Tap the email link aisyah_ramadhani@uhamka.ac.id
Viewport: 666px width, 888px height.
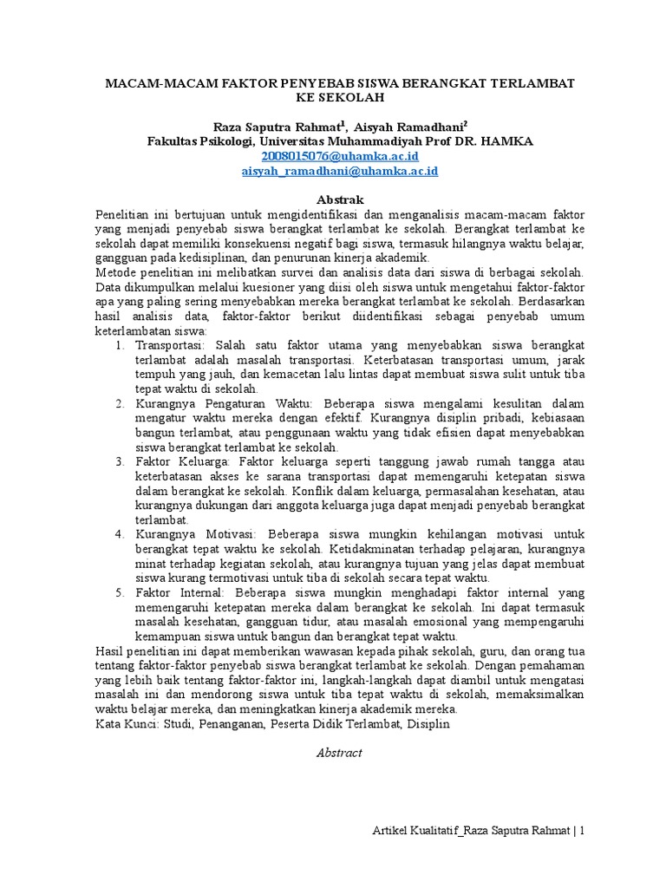339,171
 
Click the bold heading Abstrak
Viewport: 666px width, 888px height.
339,199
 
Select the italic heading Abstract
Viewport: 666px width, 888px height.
339,753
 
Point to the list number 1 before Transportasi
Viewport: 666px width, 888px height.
120,345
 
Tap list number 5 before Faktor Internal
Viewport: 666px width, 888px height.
120,591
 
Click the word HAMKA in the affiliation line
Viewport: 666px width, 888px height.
506,140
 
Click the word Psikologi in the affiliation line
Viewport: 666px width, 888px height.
226,140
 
